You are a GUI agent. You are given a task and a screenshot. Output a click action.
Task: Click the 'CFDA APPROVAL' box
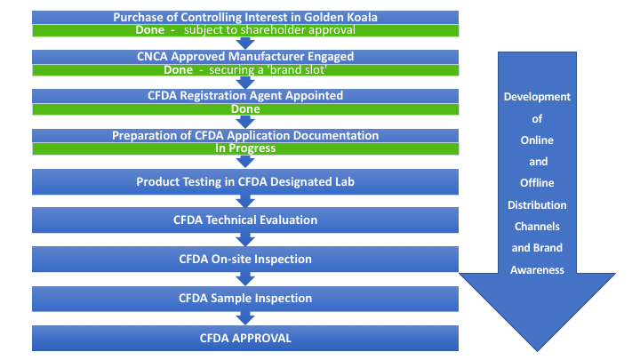245,338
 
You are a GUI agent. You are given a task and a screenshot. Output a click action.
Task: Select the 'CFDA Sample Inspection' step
245,299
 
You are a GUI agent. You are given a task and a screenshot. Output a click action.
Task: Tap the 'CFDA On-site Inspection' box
245,260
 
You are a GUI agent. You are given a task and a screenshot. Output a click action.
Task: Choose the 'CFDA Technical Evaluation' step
245,220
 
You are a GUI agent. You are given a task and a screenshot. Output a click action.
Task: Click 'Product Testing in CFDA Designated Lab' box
245,181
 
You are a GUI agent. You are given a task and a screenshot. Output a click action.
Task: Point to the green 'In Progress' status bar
245,148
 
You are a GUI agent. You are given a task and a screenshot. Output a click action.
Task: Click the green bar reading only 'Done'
245,109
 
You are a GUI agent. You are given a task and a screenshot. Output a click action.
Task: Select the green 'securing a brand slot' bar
245,70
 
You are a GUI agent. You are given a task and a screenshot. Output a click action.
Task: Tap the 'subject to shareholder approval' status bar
245,30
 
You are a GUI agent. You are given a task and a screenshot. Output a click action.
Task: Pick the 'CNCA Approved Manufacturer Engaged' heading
245,56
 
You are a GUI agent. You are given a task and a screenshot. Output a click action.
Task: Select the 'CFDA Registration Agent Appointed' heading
245,95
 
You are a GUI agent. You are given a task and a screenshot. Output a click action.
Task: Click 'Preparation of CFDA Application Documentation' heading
245,135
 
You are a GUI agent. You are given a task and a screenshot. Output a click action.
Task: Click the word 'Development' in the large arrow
537,97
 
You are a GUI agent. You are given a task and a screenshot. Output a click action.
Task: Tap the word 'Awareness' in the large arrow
537,270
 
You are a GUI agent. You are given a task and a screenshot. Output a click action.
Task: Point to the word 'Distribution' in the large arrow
537,205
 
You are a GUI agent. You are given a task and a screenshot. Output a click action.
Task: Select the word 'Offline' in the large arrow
537,183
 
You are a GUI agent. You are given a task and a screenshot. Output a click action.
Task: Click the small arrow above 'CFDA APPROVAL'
245,318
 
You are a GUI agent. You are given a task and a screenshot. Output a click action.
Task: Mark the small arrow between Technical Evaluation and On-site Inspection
245,239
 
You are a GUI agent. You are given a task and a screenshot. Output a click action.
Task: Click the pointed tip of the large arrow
537,351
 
